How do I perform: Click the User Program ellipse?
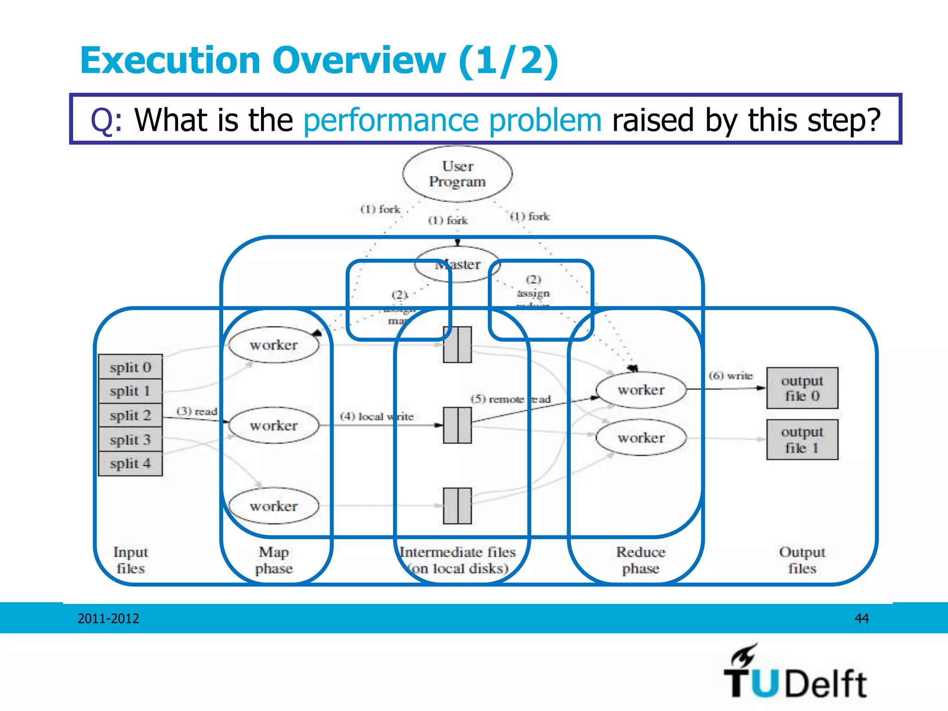point(457,174)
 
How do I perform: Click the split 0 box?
point(131,367)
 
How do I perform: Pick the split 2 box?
point(131,415)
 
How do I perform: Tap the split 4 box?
point(131,463)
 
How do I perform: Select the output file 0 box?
point(802,388)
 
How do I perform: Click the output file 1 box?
point(802,440)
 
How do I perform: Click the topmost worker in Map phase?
point(274,345)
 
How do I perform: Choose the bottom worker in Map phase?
point(274,506)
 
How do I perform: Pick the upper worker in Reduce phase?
point(641,390)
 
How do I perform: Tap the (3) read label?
point(197,411)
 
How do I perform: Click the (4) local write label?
point(377,416)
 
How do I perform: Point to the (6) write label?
point(730,375)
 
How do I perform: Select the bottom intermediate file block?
point(457,506)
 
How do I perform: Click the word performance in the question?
point(390,120)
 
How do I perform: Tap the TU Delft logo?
point(795,673)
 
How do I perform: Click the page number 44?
point(861,618)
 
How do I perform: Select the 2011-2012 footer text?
point(108,618)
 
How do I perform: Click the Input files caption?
point(131,560)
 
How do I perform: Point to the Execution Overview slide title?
point(319,61)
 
